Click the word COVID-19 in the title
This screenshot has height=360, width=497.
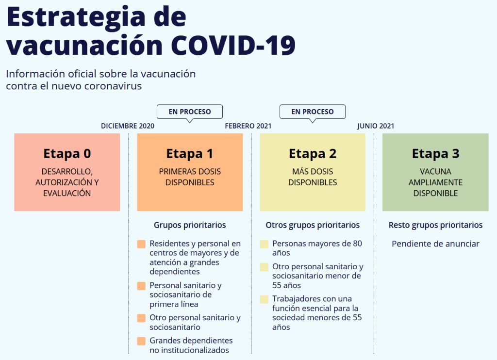tap(233, 45)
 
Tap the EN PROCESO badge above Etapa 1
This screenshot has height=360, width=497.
tap(190, 112)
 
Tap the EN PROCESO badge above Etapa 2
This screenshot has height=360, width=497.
tap(312, 112)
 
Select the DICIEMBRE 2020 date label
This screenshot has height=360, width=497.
tap(128, 126)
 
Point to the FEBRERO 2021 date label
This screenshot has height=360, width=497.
tap(248, 126)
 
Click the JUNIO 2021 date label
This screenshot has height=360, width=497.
tap(376, 126)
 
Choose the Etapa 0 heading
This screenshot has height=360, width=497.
tap(67, 154)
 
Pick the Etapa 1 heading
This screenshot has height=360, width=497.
tap(190, 154)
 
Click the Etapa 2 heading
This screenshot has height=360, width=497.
tap(313, 154)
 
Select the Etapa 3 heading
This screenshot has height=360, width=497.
tap(435, 154)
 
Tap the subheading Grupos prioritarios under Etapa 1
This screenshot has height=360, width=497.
tap(190, 225)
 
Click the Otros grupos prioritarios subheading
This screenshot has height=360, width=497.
tap(313, 225)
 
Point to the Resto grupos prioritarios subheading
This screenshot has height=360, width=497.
tap(435, 225)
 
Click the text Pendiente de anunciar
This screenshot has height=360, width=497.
tap(435, 244)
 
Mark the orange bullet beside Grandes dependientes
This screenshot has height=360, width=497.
tap(141, 341)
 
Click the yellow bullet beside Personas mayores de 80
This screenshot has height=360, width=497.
tap(264, 244)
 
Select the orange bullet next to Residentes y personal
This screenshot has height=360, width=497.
tap(141, 244)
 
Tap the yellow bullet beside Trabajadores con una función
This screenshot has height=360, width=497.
tap(264, 299)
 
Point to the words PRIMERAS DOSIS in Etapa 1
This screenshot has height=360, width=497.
tap(190, 171)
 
